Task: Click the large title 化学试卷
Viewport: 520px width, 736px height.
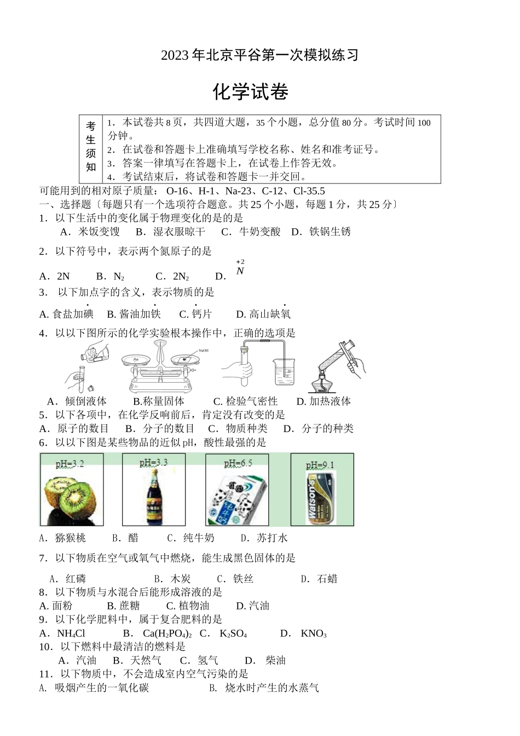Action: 251,92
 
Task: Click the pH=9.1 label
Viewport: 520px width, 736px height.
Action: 320,465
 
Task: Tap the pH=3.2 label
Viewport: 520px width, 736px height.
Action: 70,464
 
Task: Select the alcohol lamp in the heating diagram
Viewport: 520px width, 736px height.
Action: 321,383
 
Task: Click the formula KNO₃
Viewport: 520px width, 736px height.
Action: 314,634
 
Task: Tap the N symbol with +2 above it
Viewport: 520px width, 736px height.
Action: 240,271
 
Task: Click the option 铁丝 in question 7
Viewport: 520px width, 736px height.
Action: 243,579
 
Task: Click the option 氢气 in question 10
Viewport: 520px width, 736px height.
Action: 208,660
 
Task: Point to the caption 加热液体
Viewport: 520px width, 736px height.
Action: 330,401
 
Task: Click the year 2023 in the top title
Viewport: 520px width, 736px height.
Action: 175,55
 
